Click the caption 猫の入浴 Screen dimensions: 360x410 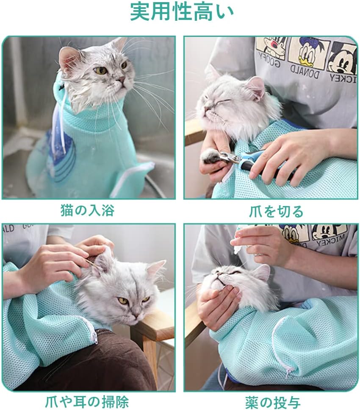[88, 210]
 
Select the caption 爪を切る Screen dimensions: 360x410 [276, 211]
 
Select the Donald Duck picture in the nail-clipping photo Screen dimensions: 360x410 [307, 53]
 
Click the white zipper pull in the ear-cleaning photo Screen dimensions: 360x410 [95, 337]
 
